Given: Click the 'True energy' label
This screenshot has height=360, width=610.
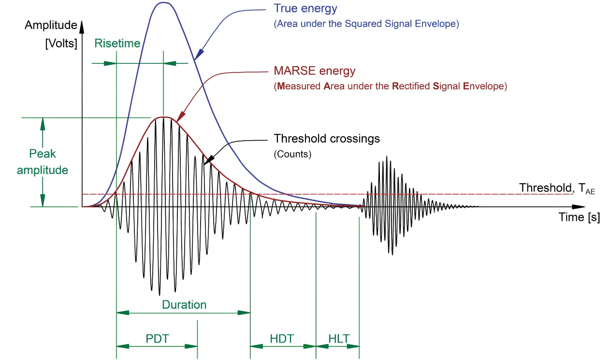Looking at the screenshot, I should click(x=305, y=9).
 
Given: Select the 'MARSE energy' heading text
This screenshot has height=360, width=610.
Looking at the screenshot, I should click(x=314, y=71).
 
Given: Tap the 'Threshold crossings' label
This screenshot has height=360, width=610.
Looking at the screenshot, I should click(x=327, y=139).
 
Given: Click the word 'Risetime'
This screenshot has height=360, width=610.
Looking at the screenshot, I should click(x=117, y=43).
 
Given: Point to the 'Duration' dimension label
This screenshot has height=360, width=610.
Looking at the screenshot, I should click(x=184, y=305).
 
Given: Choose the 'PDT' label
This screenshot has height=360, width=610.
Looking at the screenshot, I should click(x=157, y=338).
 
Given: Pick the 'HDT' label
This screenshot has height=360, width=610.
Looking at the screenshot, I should click(x=282, y=338).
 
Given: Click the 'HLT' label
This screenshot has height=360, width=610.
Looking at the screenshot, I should click(x=338, y=338).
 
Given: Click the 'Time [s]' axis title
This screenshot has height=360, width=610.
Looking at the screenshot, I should click(x=579, y=217).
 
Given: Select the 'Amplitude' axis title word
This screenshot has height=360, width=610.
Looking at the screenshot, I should click(x=51, y=25).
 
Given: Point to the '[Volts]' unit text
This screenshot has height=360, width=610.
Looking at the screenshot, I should click(x=61, y=43).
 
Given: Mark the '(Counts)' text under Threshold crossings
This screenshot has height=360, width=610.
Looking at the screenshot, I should click(x=292, y=155).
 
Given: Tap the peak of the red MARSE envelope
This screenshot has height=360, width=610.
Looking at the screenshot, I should click(x=164, y=117).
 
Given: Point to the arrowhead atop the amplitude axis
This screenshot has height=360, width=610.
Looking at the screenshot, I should click(x=83, y=24).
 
